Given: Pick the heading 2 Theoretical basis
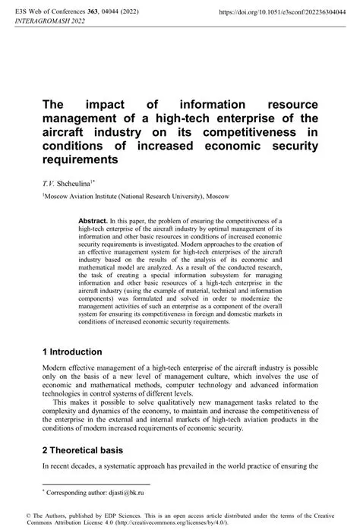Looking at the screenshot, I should point(88,449).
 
